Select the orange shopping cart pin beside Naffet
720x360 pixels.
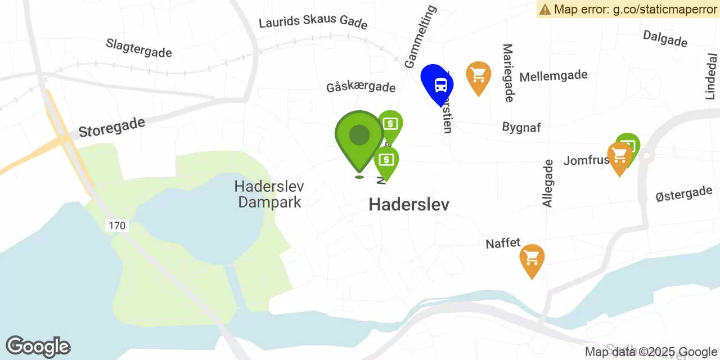(x=532, y=259)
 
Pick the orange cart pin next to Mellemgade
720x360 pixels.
(x=478, y=75)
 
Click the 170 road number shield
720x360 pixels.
(x=117, y=226)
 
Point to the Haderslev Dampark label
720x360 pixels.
(x=270, y=194)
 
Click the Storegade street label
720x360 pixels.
(x=112, y=127)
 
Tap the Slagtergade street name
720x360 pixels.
(x=139, y=48)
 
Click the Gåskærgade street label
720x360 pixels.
(x=361, y=87)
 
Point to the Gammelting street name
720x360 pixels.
(x=421, y=37)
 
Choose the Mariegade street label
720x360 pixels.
(x=508, y=73)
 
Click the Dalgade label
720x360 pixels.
(x=665, y=38)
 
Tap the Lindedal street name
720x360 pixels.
(x=712, y=76)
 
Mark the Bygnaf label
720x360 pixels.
(x=521, y=127)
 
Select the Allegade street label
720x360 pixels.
(x=548, y=183)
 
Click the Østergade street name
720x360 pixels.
(x=684, y=194)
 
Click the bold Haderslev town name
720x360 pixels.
(x=409, y=205)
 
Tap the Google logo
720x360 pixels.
(x=38, y=347)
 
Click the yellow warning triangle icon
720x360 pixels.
(x=545, y=9)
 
